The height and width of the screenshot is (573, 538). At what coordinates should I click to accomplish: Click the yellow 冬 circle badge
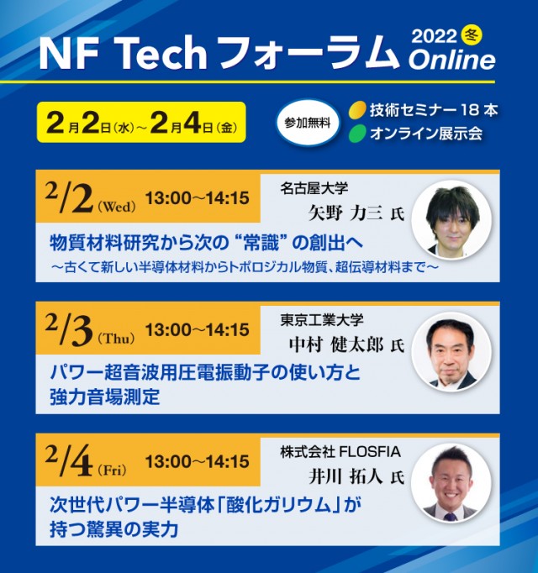point(472,35)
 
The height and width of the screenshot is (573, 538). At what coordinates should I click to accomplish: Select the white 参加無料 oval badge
point(308,124)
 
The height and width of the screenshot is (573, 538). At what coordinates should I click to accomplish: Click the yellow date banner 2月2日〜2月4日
point(141,122)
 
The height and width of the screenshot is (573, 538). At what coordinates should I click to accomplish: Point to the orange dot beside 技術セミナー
point(357,110)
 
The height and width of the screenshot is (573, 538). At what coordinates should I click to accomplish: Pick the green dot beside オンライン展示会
point(357,134)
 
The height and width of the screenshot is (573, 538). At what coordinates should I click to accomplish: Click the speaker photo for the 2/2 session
point(451,219)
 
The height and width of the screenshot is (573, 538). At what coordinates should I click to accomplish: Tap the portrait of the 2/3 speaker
point(451,351)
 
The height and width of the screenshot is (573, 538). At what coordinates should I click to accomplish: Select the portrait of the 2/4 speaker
point(451,483)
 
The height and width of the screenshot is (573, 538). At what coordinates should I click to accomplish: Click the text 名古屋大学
point(314,188)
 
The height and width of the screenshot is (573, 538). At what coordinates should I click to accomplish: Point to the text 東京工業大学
point(322,320)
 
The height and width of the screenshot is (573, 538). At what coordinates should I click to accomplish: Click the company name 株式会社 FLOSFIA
point(340,452)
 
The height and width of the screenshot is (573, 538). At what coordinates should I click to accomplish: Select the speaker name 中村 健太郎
point(336,344)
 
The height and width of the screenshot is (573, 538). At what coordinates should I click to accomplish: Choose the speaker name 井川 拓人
point(345,476)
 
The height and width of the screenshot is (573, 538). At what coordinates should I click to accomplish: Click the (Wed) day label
point(117,207)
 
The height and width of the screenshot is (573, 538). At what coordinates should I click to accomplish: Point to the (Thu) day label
point(116,339)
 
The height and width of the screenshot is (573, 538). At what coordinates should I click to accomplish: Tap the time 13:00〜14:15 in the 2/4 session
point(198,461)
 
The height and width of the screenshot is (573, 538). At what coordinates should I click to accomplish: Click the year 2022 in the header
point(434,36)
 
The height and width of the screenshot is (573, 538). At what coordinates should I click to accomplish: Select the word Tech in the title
point(163,54)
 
